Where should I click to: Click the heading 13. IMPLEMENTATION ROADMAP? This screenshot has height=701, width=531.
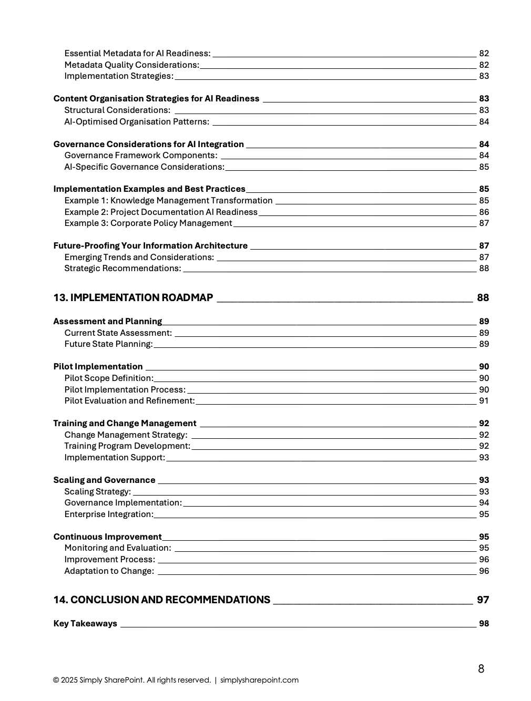pyautogui.click(x=133, y=297)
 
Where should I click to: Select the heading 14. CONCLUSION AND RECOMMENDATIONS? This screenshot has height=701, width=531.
pyautogui.click(x=161, y=600)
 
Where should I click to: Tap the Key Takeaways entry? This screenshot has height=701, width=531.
pyautogui.click(x=85, y=623)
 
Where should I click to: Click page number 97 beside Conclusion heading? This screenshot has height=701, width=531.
pyautogui.click(x=483, y=600)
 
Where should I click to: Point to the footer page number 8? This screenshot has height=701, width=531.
pyautogui.click(x=481, y=668)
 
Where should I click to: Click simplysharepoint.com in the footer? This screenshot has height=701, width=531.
pyautogui.click(x=259, y=680)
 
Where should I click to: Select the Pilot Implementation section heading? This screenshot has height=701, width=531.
pyautogui.click(x=98, y=366)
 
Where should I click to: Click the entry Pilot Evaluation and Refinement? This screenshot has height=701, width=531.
pyautogui.click(x=129, y=400)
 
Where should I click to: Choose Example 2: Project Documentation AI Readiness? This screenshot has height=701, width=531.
pyautogui.click(x=161, y=212)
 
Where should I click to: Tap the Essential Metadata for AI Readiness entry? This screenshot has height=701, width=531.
pyautogui.click(x=137, y=53)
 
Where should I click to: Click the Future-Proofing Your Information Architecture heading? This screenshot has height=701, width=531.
pyautogui.click(x=150, y=245)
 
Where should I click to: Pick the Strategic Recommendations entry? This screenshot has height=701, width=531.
pyautogui.click(x=122, y=268)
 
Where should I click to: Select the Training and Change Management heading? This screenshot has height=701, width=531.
pyautogui.click(x=125, y=423)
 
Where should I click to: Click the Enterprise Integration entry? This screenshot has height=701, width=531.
pyautogui.click(x=109, y=514)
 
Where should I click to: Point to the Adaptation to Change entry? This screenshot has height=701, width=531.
pyautogui.click(x=109, y=571)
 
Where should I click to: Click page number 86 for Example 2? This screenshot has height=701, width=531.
pyautogui.click(x=484, y=212)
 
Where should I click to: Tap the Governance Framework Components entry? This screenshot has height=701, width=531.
pyautogui.click(x=140, y=155)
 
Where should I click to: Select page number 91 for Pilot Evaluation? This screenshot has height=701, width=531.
pyautogui.click(x=484, y=400)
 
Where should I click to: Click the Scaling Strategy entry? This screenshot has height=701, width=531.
pyautogui.click(x=97, y=491)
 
